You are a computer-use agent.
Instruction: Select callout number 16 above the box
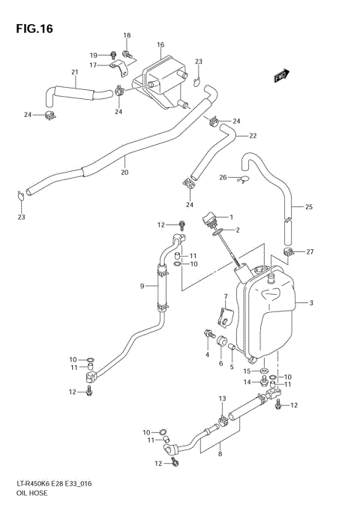click(x=160, y=45)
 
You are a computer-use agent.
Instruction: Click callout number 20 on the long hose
click(x=124, y=173)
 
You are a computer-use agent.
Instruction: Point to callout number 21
click(x=75, y=72)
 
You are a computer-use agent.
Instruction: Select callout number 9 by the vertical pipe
click(x=142, y=285)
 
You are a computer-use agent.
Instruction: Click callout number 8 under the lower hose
click(x=219, y=453)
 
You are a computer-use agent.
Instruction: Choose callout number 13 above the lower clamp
click(x=222, y=398)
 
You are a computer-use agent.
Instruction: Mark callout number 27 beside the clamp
click(x=310, y=251)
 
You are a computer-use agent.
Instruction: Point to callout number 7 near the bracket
click(x=225, y=297)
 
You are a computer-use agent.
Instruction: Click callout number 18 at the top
click(x=127, y=35)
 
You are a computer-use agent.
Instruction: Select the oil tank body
click(x=266, y=315)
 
